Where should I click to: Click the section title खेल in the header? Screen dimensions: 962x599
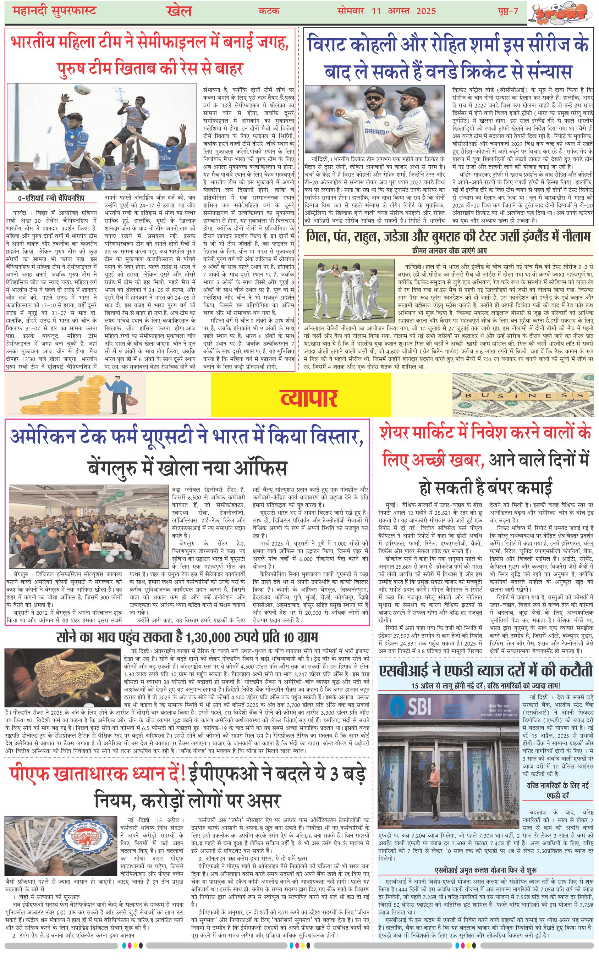click(177, 11)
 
